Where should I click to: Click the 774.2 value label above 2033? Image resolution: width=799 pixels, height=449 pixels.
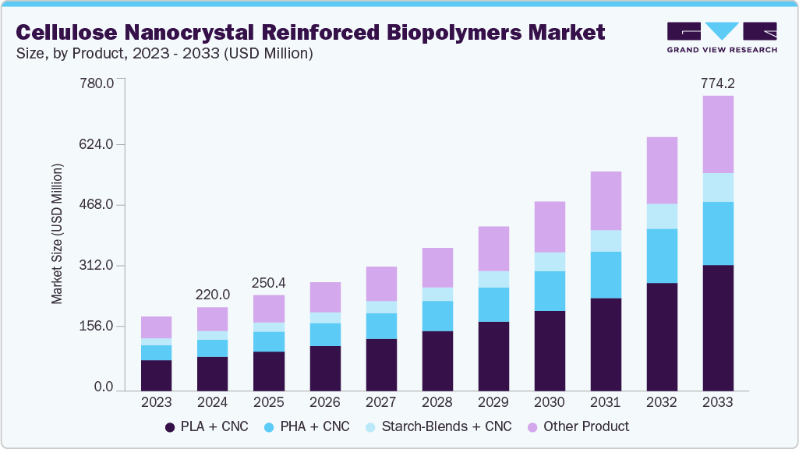717,83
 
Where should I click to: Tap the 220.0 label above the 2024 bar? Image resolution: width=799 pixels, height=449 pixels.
212,295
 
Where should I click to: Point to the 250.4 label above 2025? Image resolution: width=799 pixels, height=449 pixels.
268,282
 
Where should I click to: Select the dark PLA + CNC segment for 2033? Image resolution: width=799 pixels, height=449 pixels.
717,327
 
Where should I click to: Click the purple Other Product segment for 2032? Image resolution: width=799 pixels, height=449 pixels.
661,170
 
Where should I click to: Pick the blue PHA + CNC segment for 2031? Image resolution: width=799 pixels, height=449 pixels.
605,274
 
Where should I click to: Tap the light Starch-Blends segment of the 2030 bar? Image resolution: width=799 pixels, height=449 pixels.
549,261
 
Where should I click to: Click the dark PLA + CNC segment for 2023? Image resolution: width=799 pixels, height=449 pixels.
156,375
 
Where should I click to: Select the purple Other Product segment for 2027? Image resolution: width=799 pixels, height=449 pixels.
380,283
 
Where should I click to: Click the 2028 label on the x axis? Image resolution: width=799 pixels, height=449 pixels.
437,402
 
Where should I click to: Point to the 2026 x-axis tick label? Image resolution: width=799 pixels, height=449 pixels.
324,402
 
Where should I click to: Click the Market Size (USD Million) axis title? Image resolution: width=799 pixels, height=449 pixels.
57,234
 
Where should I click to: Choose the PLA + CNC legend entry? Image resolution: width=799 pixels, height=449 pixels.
206,426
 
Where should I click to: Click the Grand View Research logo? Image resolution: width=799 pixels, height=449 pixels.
722,37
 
